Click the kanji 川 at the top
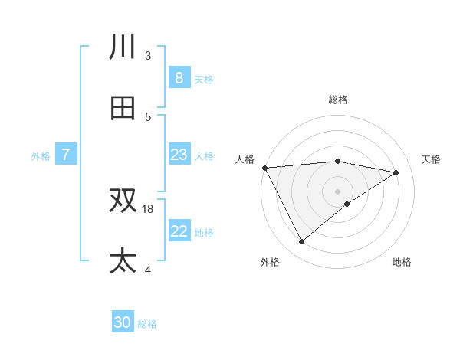click(123, 47)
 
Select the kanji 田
click(123, 108)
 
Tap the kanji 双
click(123, 201)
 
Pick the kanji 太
click(123, 261)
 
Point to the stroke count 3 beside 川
click(148, 55)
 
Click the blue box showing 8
click(179, 77)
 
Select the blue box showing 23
click(179, 155)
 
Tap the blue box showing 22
click(179, 231)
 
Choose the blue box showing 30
click(123, 322)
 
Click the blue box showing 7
click(66, 155)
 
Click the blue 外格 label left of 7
click(41, 155)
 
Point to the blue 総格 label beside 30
click(147, 324)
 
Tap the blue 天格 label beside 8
click(204, 79)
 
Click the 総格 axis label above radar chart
click(338, 100)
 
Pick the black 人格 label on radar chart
click(244, 159)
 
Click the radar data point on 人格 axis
click(264, 168)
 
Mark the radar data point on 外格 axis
click(301, 242)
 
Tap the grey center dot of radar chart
click(338, 191)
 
